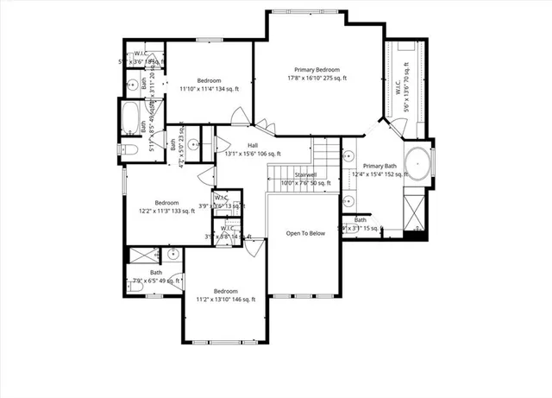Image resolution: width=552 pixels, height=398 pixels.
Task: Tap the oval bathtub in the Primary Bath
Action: pos(417,161)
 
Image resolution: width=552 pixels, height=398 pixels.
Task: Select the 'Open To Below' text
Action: pos(305,234)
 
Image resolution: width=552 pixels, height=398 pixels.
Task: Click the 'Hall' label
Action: pos(253,145)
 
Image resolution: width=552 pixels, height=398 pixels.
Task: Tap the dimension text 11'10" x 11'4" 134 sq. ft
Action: pos(208,88)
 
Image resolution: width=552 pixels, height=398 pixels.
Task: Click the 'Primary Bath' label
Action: pos(379,166)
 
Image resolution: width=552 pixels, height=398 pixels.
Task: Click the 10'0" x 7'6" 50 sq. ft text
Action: pos(305,183)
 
